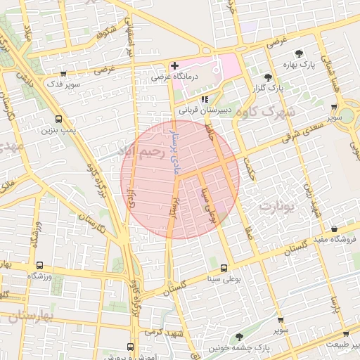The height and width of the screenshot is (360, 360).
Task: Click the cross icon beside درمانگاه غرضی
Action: pos(174,65)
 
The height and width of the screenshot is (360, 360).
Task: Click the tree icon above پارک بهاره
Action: pos(300,53)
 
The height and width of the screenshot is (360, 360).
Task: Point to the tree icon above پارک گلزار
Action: pos(267,77)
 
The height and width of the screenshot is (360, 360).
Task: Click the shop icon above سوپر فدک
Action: pos(64,72)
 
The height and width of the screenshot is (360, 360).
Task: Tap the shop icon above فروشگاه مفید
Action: pos(333,229)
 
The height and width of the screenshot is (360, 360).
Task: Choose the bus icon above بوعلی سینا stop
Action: pos(224,268)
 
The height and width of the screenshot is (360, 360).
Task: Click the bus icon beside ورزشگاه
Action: pos(39,266)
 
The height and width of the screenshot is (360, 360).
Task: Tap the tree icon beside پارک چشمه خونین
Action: pos(239,337)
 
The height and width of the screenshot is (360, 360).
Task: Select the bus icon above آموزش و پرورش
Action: pos(130,346)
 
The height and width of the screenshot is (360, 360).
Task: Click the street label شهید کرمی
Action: pos(161,331)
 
